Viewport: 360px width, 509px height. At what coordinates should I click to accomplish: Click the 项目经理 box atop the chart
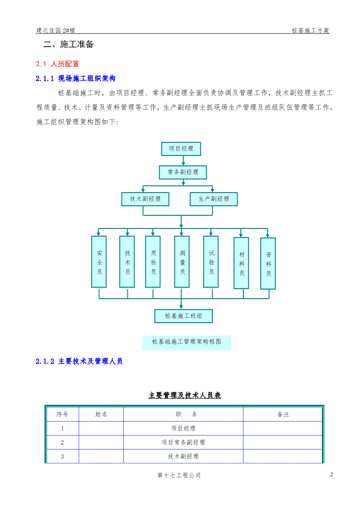[x=181, y=149]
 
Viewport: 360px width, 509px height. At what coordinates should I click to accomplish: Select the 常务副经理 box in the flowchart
[x=183, y=172]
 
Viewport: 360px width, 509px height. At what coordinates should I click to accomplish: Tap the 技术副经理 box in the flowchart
[x=146, y=199]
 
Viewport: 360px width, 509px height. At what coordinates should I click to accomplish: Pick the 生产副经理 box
[x=214, y=199]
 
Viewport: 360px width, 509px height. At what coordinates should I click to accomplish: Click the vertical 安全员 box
[x=99, y=262]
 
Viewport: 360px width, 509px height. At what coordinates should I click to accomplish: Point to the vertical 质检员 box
[x=153, y=262]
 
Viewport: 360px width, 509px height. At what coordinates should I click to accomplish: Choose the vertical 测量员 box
[x=182, y=262]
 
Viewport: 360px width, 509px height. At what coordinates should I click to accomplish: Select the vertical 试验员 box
[x=211, y=262]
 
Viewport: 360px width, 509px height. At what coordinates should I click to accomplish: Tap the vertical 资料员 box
[x=268, y=264]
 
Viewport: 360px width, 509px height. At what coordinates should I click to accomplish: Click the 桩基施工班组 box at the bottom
[x=184, y=316]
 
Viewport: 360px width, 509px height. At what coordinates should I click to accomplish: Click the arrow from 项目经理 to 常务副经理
[x=184, y=161]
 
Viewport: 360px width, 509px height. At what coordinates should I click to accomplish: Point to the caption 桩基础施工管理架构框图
[x=187, y=341]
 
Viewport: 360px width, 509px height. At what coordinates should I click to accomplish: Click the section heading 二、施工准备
[x=68, y=44]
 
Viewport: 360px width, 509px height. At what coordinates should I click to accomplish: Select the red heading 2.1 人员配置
[x=58, y=64]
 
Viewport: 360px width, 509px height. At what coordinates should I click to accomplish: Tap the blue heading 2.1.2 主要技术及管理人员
[x=79, y=361]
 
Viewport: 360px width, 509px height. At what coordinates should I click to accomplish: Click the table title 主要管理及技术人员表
[x=185, y=395]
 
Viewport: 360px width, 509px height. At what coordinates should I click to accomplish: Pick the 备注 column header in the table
[x=283, y=414]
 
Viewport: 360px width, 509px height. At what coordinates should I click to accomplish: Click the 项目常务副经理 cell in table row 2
[x=184, y=442]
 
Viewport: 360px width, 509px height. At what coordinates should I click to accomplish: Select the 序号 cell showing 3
[x=62, y=456]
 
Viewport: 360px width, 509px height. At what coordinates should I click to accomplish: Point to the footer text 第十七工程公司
[x=179, y=475]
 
